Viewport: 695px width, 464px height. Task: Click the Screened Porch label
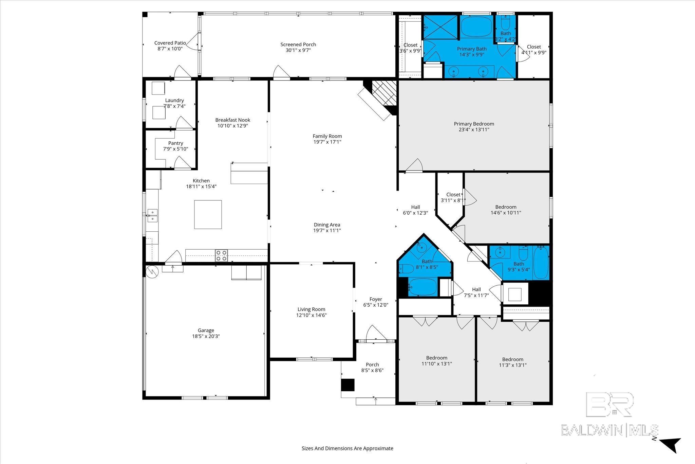click(x=298, y=44)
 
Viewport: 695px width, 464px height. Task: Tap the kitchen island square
click(x=208, y=214)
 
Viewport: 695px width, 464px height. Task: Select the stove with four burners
click(x=222, y=255)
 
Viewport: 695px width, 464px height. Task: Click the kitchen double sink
click(x=152, y=215)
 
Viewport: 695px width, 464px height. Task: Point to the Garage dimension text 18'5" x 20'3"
click(x=206, y=336)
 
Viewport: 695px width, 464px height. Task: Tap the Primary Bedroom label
click(x=474, y=124)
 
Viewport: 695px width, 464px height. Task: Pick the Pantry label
click(x=175, y=143)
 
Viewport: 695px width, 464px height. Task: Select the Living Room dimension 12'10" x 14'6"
click(x=311, y=315)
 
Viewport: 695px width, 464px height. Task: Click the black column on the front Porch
click(x=347, y=385)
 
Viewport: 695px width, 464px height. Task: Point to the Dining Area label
click(x=327, y=225)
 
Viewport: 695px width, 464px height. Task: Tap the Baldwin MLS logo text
click(x=609, y=430)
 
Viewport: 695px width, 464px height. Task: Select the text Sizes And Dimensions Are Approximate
click(x=347, y=448)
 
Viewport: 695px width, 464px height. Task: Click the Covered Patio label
click(x=170, y=43)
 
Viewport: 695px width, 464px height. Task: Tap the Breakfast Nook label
click(x=232, y=120)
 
